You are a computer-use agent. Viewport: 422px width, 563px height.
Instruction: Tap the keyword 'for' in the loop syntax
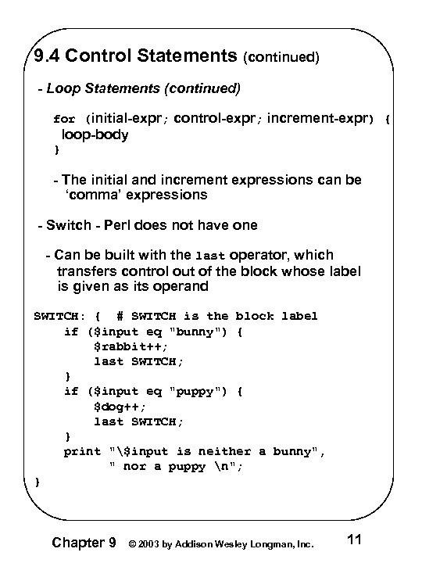[64, 120]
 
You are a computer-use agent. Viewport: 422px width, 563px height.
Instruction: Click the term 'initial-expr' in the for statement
[128, 120]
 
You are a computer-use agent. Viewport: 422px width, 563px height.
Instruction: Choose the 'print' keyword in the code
[82, 451]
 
